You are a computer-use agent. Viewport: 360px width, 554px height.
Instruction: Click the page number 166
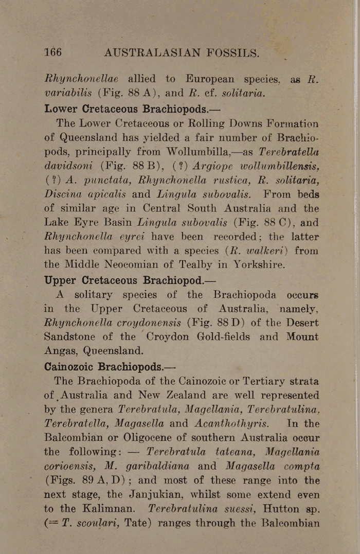[x=53, y=52]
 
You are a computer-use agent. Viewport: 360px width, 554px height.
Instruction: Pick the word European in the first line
[x=206, y=80]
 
